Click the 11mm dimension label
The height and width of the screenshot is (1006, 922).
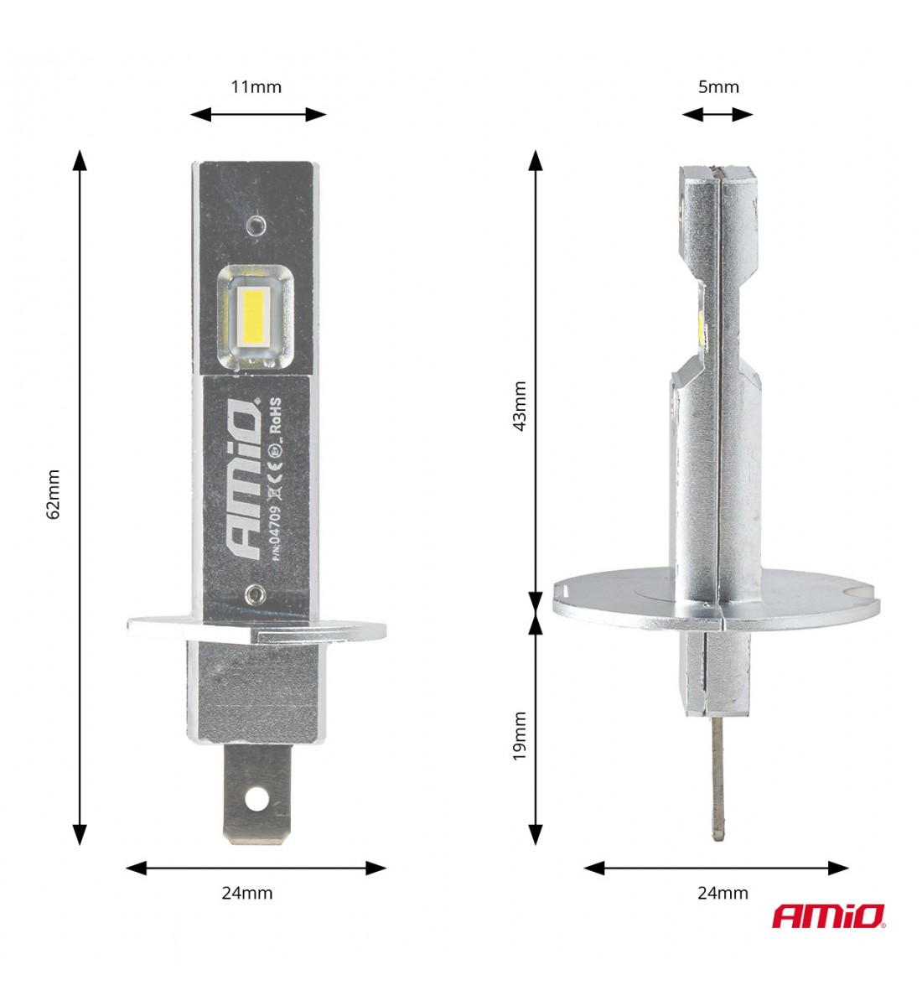(x=256, y=87)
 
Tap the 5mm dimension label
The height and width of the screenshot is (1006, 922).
(x=718, y=87)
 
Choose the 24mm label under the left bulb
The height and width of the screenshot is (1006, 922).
(x=247, y=893)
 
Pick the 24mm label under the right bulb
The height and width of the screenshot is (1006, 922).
(x=723, y=893)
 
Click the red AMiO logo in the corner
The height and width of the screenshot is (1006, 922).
(x=828, y=916)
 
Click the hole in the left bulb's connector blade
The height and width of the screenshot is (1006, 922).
(x=256, y=800)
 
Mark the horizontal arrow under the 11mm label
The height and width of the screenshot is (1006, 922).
(x=257, y=115)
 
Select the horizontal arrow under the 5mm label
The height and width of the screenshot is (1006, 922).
(x=717, y=115)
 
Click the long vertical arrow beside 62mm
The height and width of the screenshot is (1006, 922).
(x=80, y=498)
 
